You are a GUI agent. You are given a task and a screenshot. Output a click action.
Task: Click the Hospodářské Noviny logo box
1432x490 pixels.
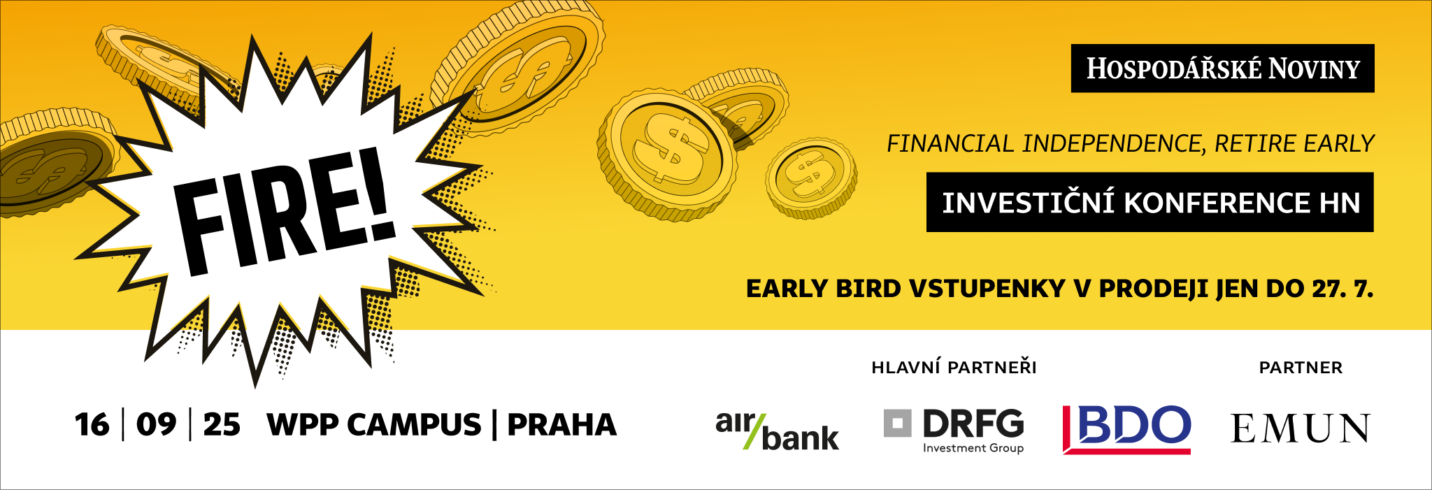pos(1222,69)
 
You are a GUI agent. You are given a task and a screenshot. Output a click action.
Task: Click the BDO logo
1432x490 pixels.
pos(1126,429)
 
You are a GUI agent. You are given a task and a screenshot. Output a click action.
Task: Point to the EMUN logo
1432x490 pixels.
pos(1301,428)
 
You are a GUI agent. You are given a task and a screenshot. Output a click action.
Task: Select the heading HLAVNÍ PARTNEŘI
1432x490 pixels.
pos(954,367)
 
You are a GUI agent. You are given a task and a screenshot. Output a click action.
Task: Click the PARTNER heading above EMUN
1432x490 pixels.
pos(1301,368)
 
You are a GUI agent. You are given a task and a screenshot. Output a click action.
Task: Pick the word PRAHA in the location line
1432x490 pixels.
pos(561,425)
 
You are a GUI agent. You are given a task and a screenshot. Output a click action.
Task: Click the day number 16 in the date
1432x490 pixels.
pos(92,425)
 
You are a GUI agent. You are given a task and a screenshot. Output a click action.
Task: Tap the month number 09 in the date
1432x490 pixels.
pos(156,425)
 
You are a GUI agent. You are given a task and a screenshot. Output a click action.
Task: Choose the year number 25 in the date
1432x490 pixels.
pos(222,425)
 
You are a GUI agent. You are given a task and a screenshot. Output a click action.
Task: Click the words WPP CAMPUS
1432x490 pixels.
pos(374,425)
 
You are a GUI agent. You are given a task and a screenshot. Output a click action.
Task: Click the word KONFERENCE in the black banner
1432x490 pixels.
pos(1217,203)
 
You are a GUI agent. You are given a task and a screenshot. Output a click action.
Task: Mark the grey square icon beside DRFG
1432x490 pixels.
pos(898,423)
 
